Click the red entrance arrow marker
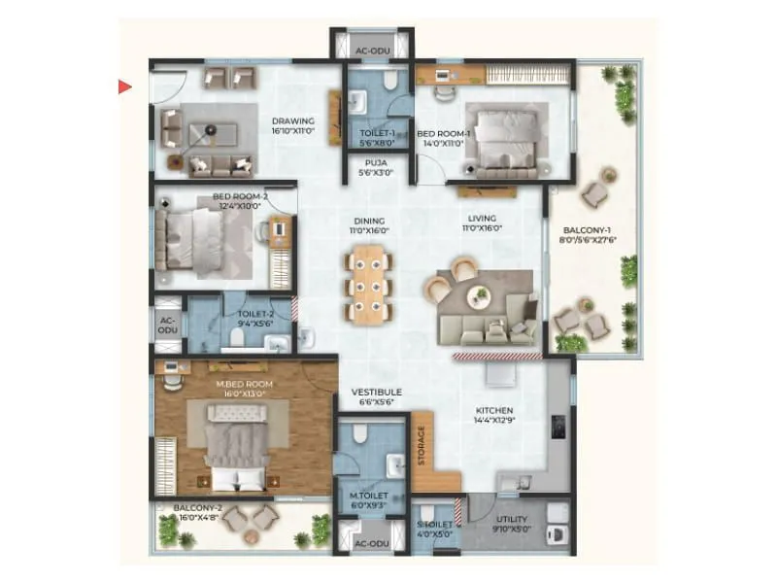124,87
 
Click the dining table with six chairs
369,284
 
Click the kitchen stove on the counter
558,428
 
